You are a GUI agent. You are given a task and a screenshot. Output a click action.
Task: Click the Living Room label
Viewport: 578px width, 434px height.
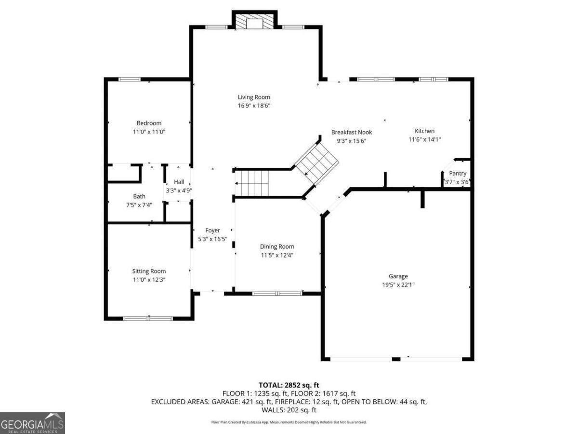pyautogui.click(x=254, y=97)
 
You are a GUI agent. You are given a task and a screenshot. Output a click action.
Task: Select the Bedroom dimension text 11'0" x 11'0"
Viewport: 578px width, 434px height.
pyautogui.click(x=149, y=132)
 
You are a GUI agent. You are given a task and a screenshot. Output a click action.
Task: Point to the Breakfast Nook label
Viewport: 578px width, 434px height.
pyautogui.click(x=352, y=132)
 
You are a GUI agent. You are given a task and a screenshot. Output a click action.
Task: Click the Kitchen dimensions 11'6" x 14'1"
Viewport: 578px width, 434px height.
pyautogui.click(x=424, y=139)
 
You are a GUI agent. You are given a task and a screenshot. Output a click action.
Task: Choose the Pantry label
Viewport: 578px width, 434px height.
pyautogui.click(x=458, y=174)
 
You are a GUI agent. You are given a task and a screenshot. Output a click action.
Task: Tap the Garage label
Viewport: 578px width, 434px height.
pyautogui.click(x=398, y=276)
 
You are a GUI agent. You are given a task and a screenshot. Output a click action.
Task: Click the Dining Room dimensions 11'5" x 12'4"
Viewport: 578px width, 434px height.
pyautogui.click(x=277, y=255)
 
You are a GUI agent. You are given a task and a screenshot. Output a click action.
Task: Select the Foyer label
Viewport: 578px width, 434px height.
pyautogui.click(x=212, y=231)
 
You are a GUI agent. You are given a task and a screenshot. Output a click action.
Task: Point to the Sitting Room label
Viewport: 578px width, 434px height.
pyautogui.click(x=149, y=271)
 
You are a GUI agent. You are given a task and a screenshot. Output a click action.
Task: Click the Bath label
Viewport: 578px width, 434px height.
pyautogui.click(x=139, y=196)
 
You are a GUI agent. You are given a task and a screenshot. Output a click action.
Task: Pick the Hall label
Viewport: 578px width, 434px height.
pyautogui.click(x=179, y=182)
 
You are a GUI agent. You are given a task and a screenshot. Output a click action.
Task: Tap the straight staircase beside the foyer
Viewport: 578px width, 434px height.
pyautogui.click(x=252, y=183)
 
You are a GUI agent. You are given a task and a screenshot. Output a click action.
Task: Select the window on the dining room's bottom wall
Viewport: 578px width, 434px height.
pyautogui.click(x=277, y=294)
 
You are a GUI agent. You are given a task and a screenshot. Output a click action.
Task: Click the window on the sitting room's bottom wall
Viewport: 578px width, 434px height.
pyautogui.click(x=148, y=319)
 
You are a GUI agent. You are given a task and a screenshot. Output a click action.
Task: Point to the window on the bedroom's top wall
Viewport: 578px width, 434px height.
pyautogui.click(x=129, y=79)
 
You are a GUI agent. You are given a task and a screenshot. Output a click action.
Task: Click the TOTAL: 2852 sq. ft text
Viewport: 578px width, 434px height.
pyautogui.click(x=289, y=385)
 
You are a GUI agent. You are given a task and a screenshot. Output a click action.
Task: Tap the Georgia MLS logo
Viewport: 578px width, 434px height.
pyautogui.click(x=32, y=423)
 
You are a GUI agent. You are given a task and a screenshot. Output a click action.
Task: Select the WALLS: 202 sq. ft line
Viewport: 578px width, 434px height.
pyautogui.click(x=289, y=410)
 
